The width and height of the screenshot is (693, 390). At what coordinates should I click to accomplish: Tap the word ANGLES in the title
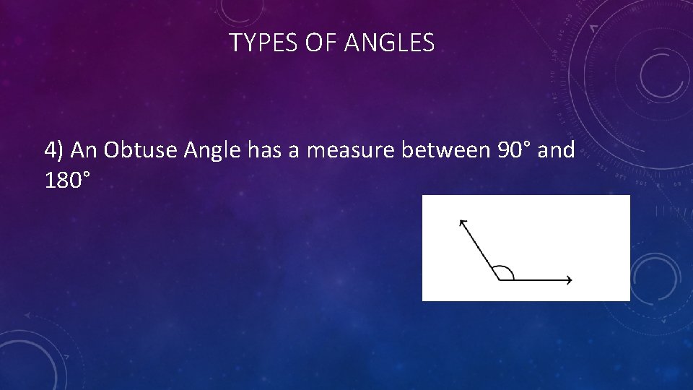390,44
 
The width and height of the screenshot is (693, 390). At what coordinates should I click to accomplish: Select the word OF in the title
321,44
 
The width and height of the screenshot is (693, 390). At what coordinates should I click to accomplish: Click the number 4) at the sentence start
54,150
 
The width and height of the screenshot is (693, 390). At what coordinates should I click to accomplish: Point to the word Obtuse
141,150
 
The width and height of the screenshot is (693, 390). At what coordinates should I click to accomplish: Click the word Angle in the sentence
213,150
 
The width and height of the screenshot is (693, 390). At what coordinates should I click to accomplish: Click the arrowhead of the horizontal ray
570,279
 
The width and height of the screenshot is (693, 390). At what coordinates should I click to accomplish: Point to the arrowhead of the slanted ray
463,223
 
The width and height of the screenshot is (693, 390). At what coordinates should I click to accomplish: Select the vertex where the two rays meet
498,279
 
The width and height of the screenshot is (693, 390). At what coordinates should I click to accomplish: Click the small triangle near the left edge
27,315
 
